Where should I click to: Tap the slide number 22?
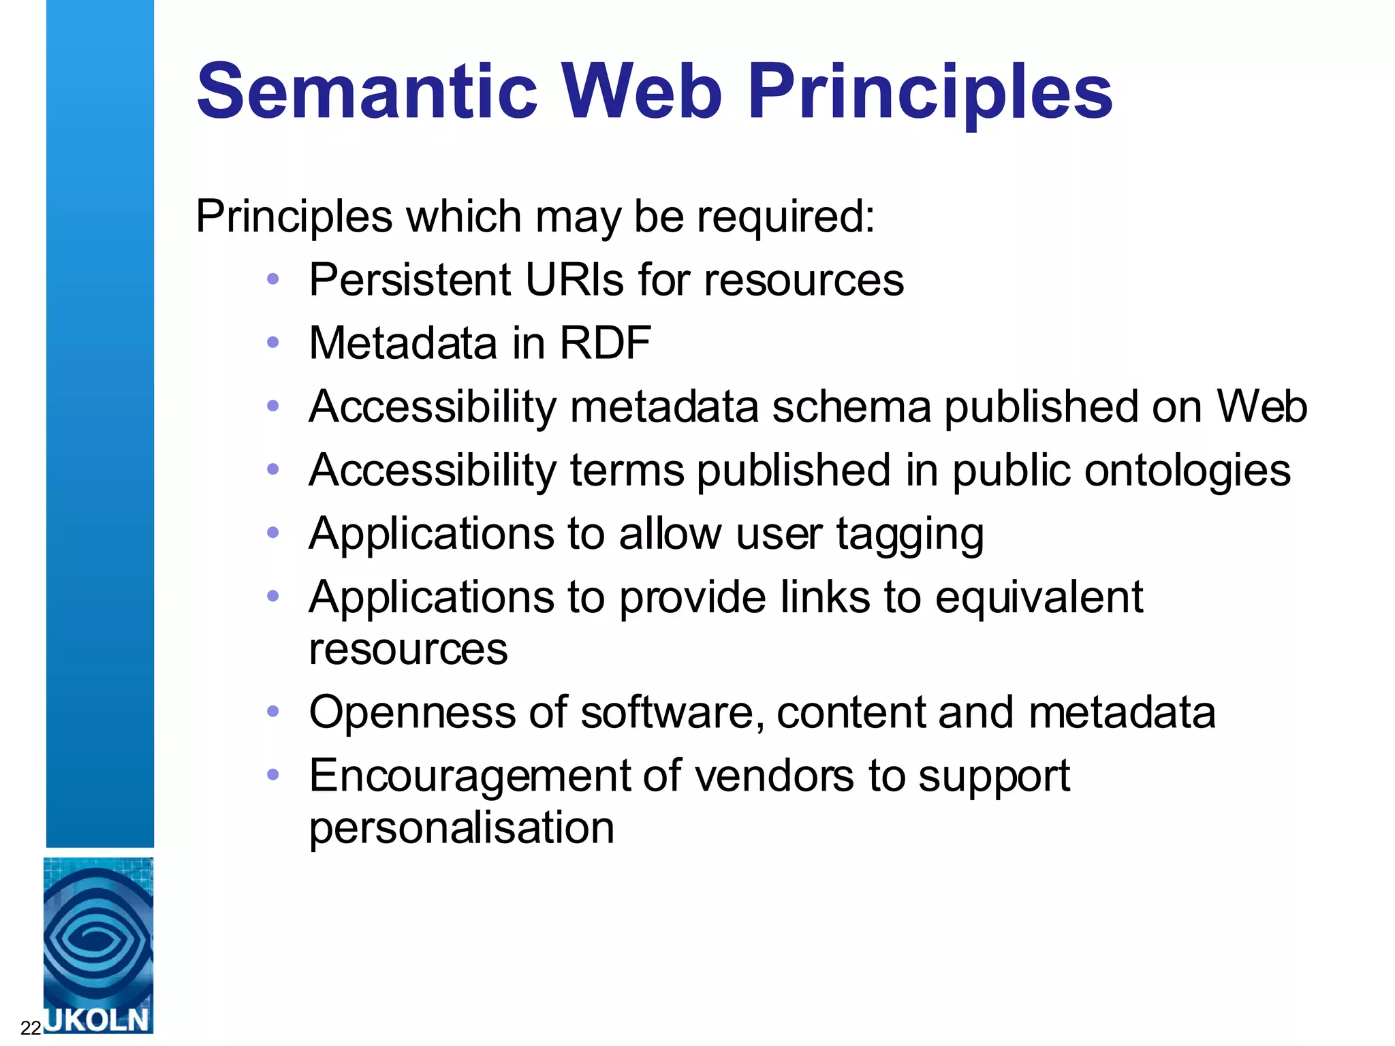click(31, 1028)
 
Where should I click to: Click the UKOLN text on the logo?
click(97, 1019)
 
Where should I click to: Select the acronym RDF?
click(604, 343)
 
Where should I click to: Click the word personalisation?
click(461, 827)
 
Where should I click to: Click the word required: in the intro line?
click(785, 217)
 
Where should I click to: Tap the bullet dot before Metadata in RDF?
click(273, 343)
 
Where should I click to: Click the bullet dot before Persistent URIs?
click(273, 279)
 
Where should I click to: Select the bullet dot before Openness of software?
click(273, 712)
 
